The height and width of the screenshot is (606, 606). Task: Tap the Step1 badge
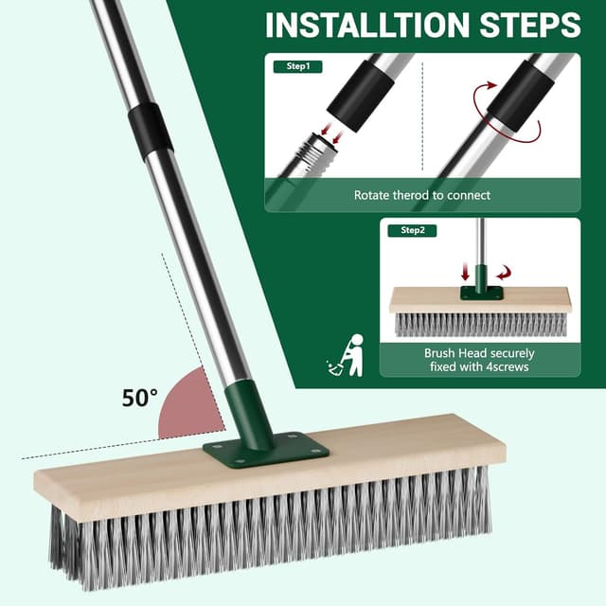pos(297,67)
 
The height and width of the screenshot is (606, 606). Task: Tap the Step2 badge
pos(413,230)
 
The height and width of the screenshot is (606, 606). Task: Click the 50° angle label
pos(141,398)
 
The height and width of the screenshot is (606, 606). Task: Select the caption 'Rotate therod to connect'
pos(422,195)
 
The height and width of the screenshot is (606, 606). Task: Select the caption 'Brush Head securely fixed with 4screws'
pos(479,360)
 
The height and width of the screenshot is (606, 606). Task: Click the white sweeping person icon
pos(346,356)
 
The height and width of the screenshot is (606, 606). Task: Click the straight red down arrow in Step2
pos(465,271)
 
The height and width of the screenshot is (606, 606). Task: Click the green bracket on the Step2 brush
pos(481,292)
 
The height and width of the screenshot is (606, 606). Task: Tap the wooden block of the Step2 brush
pos(480,301)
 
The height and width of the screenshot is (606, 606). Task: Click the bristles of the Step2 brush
pos(480,324)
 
